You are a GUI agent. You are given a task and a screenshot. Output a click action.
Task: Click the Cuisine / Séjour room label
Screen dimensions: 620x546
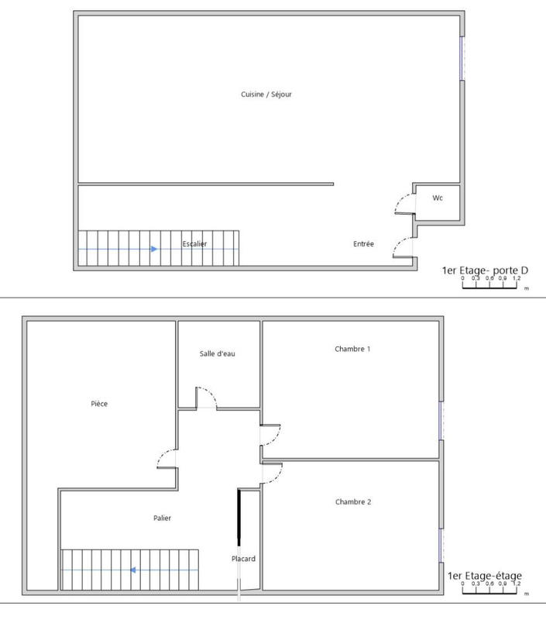click(266, 95)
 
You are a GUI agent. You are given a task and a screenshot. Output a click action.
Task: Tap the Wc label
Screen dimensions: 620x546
click(438, 198)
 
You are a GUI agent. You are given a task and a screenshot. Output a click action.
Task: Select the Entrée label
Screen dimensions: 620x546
click(363, 244)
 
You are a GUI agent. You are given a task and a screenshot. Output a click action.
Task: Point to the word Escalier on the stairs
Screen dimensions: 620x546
click(194, 244)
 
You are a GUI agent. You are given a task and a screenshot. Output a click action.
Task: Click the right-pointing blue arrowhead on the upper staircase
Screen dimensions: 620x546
click(154, 249)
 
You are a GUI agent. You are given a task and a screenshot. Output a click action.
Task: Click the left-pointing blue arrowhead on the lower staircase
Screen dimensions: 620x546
click(133, 570)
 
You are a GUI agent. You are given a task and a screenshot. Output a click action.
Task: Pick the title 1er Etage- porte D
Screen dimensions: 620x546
click(484, 270)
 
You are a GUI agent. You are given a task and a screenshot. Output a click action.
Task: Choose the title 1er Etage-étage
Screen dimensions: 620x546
click(485, 576)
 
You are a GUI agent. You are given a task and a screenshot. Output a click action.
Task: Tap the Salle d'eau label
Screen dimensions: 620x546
click(217, 353)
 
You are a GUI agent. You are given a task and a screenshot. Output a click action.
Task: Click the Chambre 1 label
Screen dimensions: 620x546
click(352, 349)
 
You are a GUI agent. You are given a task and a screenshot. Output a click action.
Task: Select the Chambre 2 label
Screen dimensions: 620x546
click(353, 502)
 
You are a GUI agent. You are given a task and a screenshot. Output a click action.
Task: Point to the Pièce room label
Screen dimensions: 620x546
click(99, 403)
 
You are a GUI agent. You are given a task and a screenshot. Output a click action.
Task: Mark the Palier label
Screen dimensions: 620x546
click(162, 518)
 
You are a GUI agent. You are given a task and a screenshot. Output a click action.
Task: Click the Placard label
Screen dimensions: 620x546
click(243, 559)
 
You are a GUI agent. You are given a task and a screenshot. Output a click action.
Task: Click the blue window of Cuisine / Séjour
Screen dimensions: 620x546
click(462, 59)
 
